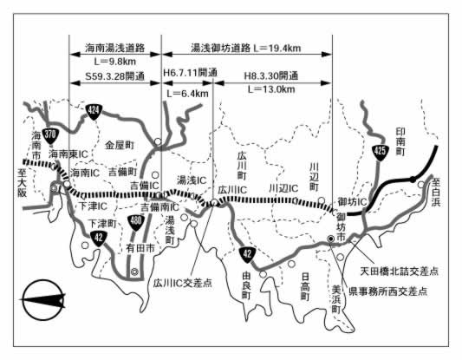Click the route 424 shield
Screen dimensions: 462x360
click(x=94, y=111)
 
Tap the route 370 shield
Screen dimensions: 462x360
click(x=50, y=135)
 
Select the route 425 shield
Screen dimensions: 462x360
click(x=380, y=152)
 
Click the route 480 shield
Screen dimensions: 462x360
click(x=135, y=222)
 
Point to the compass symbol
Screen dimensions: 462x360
click(x=43, y=299)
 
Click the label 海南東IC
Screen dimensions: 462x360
click(x=68, y=154)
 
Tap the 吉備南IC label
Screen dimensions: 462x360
click(x=159, y=207)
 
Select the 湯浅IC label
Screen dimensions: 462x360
click(x=192, y=180)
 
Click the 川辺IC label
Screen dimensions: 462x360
click(x=283, y=188)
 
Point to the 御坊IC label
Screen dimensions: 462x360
click(x=353, y=202)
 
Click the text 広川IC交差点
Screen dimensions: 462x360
click(x=183, y=283)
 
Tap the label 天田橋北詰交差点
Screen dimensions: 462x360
click(x=400, y=272)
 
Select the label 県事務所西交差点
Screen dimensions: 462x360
click(x=387, y=291)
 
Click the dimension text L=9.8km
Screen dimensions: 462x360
click(x=115, y=62)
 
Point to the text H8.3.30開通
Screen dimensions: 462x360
click(x=271, y=76)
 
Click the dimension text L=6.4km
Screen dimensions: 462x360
click(x=188, y=94)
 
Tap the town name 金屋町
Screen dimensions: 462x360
click(x=120, y=146)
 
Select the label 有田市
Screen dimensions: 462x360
click(x=140, y=249)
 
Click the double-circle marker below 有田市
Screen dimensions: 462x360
click(x=134, y=272)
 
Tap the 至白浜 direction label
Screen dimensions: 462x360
click(x=436, y=193)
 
